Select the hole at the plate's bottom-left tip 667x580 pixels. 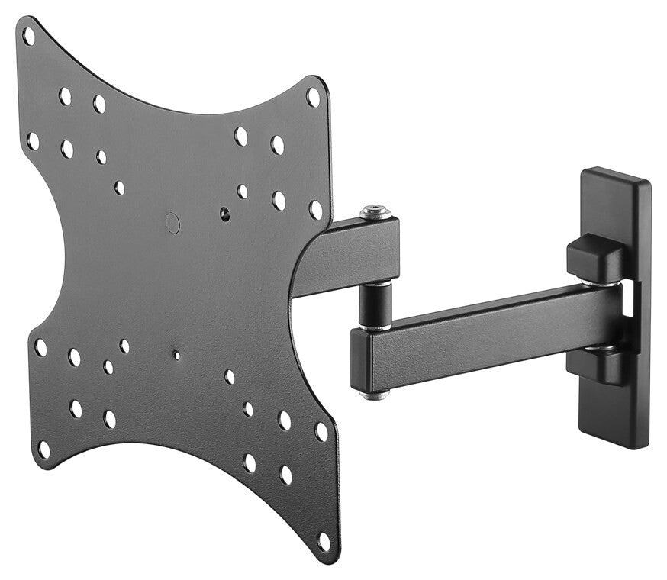(x=43, y=450)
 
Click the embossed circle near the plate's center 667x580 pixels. (x=173, y=223)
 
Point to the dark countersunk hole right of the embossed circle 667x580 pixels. (x=225, y=215)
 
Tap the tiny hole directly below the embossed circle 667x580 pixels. (x=177, y=355)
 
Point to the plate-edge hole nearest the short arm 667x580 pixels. (x=315, y=209)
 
